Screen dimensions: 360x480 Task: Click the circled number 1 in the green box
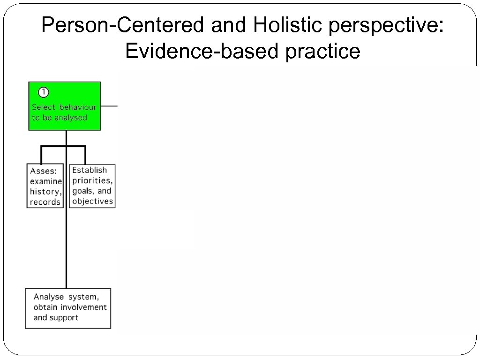[x=43, y=92]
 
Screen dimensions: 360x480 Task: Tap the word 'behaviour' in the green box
[x=78, y=107]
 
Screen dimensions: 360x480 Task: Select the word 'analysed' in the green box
[x=71, y=118]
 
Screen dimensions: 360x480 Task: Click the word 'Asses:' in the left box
[x=44, y=171]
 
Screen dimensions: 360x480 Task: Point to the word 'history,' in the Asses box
[x=45, y=192]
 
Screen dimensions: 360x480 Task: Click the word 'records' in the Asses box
[x=45, y=202]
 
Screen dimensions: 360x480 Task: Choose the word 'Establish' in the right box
[x=90, y=170]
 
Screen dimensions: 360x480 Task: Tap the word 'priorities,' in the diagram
[x=92, y=180]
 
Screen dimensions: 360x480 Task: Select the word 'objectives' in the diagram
[x=92, y=201]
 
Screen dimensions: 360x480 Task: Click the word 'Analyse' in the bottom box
[x=49, y=297]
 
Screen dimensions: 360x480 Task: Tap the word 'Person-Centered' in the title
[x=123, y=26]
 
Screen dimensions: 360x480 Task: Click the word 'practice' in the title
[x=323, y=51]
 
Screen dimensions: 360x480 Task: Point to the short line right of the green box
[x=109, y=106]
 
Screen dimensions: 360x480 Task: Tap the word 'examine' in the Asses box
[x=45, y=181]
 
